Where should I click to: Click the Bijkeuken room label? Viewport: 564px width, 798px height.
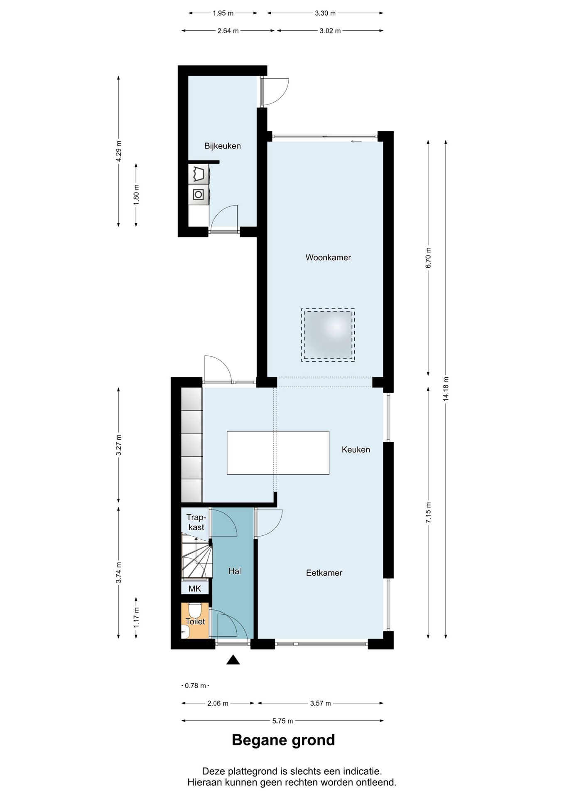[222, 146]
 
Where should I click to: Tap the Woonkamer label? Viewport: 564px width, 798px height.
[328, 257]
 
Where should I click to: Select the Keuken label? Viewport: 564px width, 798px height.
[356, 449]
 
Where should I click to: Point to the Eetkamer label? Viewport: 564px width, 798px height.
[324, 573]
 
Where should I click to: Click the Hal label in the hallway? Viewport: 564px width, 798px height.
[235, 571]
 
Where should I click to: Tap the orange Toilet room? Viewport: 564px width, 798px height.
[195, 621]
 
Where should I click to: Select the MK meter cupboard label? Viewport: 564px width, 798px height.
[194, 589]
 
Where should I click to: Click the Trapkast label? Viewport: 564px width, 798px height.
[196, 522]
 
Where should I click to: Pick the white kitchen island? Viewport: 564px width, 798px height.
[278, 453]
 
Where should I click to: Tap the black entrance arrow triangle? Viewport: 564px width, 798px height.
[233, 660]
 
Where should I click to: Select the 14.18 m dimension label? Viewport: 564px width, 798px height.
[446, 389]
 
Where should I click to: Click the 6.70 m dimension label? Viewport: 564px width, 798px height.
[429, 258]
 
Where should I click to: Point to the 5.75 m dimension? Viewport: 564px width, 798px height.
[282, 721]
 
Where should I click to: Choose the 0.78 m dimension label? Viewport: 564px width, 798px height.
[195, 686]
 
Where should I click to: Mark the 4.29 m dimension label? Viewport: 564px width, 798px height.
[119, 151]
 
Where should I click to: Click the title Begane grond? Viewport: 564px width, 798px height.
[283, 740]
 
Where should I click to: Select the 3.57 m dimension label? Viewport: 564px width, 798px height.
[320, 703]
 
